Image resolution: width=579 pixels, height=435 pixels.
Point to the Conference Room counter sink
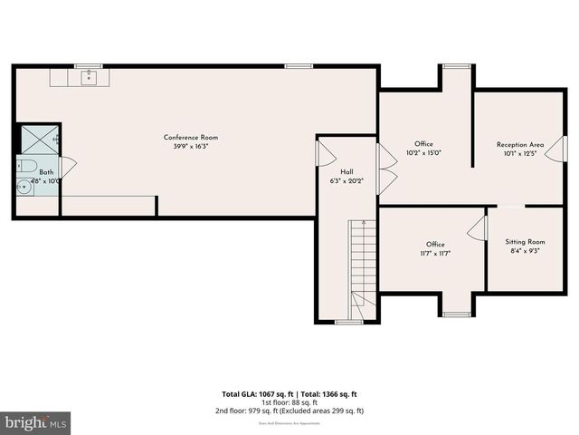pos(89,79)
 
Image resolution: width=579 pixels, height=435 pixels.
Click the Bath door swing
pos(67,167)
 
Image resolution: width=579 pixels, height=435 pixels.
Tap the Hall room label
pos(346,172)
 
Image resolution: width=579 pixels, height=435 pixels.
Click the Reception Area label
pos(519,145)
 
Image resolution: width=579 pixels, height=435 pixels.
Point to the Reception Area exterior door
pos(555,149)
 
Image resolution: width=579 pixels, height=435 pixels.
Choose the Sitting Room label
pos(525,242)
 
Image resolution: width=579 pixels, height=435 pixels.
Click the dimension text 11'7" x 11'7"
pos(435,254)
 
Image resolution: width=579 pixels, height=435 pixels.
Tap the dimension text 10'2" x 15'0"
pos(423,153)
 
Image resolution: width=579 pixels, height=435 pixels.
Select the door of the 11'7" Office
pos(476,227)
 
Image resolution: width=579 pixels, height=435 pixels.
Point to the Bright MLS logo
pos(36,421)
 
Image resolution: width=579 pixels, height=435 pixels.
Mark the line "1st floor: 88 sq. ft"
pos(289,402)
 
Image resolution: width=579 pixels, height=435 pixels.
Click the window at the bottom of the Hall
pos(348,322)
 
